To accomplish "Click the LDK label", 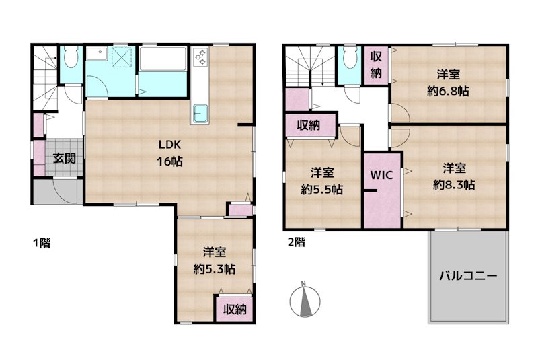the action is pyautogui.click(x=169, y=145).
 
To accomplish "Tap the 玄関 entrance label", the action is pyautogui.click(x=64, y=158).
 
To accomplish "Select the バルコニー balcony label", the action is pyautogui.click(x=468, y=276).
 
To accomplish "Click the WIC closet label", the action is pyautogui.click(x=381, y=175).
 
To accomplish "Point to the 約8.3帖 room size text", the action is pyautogui.click(x=454, y=185).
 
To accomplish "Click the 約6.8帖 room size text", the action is pyautogui.click(x=448, y=91).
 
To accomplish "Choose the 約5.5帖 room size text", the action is pyautogui.click(x=322, y=189).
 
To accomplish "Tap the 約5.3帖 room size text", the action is pyautogui.click(x=215, y=269).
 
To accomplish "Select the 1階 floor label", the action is pyautogui.click(x=42, y=243).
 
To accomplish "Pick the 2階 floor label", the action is pyautogui.click(x=296, y=242).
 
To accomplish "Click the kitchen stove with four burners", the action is pyautogui.click(x=200, y=57).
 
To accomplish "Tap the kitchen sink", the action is pyautogui.click(x=200, y=113).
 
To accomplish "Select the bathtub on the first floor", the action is pyautogui.click(x=163, y=59).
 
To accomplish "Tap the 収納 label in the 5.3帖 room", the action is pyautogui.click(x=235, y=310).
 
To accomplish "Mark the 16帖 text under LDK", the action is pyautogui.click(x=169, y=161).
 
